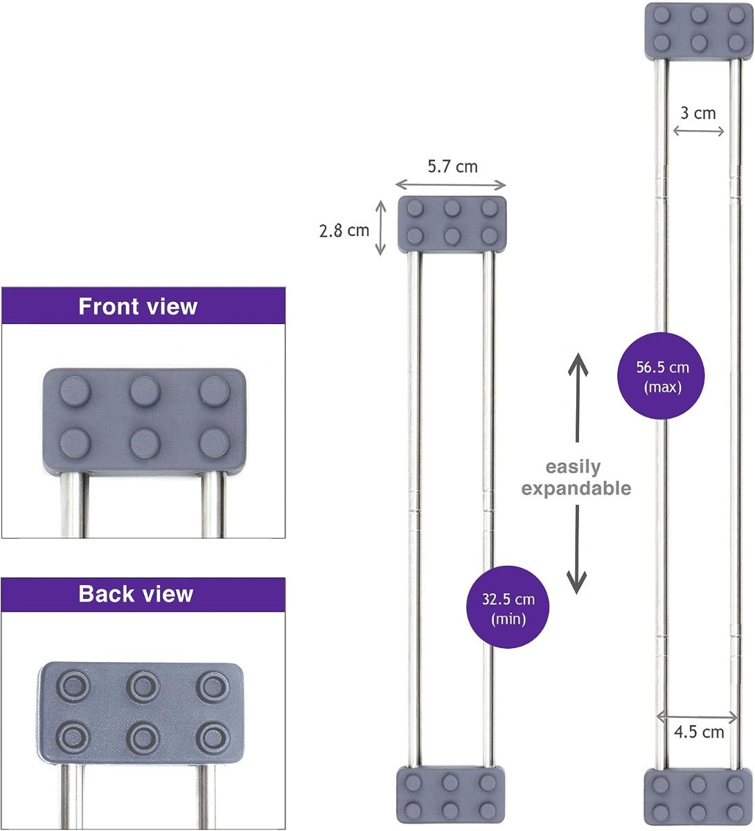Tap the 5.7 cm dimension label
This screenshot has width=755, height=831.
point(452,166)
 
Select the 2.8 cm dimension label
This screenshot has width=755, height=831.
point(344,230)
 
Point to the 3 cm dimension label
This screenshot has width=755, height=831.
point(698,113)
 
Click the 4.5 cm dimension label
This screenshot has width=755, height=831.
point(699,732)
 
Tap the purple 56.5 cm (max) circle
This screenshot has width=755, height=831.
point(663,375)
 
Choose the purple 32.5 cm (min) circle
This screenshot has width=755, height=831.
point(508,607)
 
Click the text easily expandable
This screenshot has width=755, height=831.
point(576,478)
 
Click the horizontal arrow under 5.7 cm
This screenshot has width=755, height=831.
point(451,185)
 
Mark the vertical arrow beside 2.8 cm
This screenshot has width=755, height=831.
point(380,228)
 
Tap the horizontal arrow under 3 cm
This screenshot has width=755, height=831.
point(698,131)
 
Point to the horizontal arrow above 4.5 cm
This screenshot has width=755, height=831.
point(697,717)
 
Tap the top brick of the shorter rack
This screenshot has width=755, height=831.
point(452,223)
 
